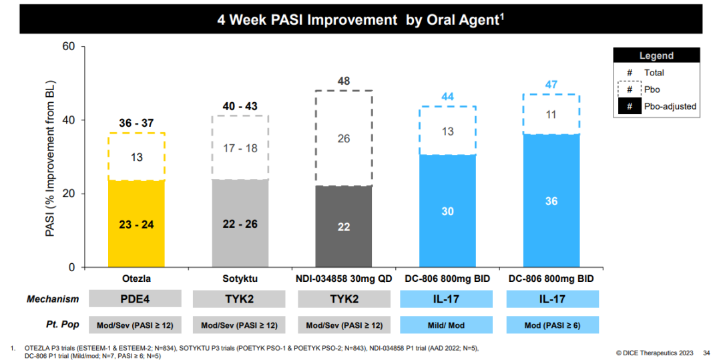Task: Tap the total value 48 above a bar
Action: [x=344, y=81]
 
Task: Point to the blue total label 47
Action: [x=551, y=85]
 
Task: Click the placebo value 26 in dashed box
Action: [x=344, y=139]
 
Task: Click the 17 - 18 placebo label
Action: [x=240, y=148]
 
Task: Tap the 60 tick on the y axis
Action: [x=69, y=47]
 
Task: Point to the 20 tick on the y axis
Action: [x=69, y=194]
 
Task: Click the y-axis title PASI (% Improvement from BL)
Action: [x=50, y=156]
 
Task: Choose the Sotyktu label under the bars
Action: [x=240, y=279]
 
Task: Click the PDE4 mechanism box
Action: [x=136, y=299]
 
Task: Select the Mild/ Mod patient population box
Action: [x=447, y=325]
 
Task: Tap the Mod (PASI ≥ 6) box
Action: [x=552, y=325]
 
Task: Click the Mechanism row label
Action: [x=53, y=299]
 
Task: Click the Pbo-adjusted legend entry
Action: [x=657, y=106]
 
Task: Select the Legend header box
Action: [x=657, y=56]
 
